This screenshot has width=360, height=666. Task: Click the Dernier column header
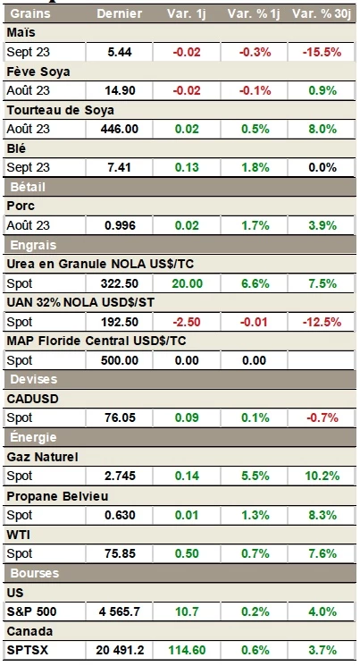[x=120, y=13]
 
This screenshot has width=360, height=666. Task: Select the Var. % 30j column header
[x=322, y=13]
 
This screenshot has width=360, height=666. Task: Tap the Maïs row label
[x=21, y=33]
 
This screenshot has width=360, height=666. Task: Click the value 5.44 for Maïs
[x=120, y=52]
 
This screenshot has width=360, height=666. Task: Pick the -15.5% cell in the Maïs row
[x=322, y=52]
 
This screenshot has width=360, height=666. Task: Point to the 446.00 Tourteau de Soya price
[x=120, y=129]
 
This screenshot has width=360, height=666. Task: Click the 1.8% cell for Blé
[x=255, y=168]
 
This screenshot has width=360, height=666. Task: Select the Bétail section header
[x=28, y=187]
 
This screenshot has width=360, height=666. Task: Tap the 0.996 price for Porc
[x=120, y=225]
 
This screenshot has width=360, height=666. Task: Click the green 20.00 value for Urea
[x=187, y=283]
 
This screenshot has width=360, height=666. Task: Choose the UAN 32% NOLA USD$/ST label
[x=80, y=303]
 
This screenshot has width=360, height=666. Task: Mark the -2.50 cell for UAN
[x=187, y=322]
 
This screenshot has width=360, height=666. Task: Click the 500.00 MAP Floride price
[x=120, y=360]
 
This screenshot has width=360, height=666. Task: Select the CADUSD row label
[x=33, y=400]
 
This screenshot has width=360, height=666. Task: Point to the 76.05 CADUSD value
[x=120, y=418]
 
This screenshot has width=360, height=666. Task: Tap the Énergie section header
[x=33, y=437]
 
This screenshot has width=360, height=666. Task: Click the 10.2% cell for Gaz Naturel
[x=322, y=476]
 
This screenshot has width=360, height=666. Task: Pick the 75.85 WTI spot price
[x=120, y=554]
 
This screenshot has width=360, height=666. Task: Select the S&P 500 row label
[x=32, y=612]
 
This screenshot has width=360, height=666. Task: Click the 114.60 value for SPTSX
[x=187, y=651]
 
